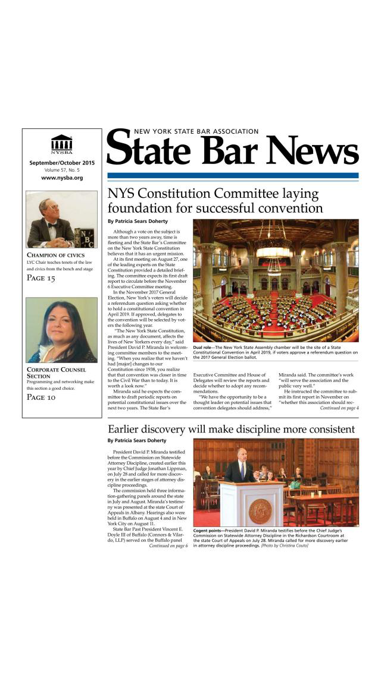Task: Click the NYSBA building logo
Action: pyautogui.click(x=61, y=144)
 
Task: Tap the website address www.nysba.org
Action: pyautogui.click(x=62, y=178)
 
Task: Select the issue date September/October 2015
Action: pyautogui.click(x=61, y=162)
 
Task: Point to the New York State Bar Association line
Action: pyautogui.click(x=196, y=131)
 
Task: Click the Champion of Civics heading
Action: pyautogui.click(x=56, y=255)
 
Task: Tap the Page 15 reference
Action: pyautogui.click(x=42, y=278)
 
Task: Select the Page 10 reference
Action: pyautogui.click(x=42, y=397)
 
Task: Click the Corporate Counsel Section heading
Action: pyautogui.click(x=57, y=373)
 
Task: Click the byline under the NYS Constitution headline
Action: pyautogui.click(x=138, y=222)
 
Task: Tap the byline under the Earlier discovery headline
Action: pyautogui.click(x=138, y=441)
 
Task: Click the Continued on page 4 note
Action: pyautogui.click(x=339, y=408)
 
